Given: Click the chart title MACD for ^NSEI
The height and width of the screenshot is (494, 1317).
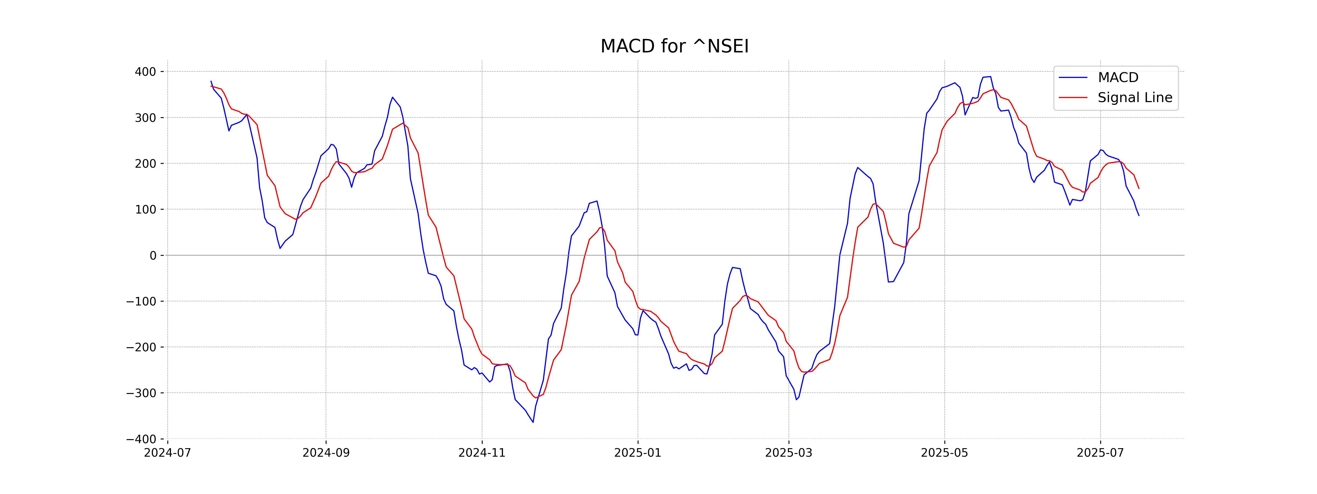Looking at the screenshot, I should tap(674, 47).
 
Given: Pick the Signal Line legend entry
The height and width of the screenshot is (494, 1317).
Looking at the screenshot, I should tap(1135, 98).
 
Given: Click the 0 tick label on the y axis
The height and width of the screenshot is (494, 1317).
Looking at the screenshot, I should tap(153, 256).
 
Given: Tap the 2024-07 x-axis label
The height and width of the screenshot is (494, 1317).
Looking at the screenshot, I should tap(168, 453).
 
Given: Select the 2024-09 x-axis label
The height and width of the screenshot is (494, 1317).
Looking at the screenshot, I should tap(326, 453).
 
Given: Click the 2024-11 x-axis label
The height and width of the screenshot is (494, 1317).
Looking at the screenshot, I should tap(482, 453).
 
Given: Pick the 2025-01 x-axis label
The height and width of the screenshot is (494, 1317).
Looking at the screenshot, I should tap(638, 453).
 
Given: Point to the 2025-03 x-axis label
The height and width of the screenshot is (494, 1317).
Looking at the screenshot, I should tap(788, 453).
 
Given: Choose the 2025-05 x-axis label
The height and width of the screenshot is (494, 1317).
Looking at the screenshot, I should tap(944, 453).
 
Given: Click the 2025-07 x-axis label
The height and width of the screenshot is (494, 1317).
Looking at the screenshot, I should tap(1100, 453).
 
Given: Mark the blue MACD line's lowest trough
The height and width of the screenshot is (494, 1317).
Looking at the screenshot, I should tap(533, 422).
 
